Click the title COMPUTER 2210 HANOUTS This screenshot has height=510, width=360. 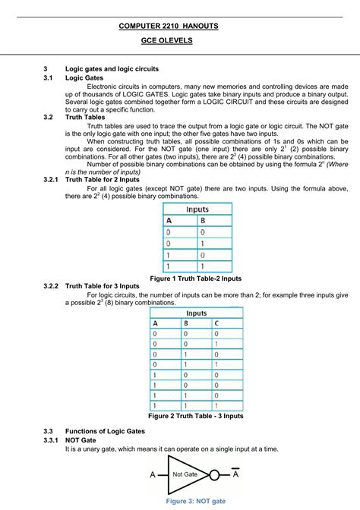tap(169, 26)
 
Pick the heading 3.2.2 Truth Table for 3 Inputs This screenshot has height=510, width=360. tap(113, 286)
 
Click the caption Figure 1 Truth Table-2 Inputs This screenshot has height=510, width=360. tap(196, 279)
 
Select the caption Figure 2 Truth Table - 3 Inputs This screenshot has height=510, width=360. tap(195, 416)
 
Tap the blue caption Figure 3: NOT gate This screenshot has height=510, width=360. tap(196, 501)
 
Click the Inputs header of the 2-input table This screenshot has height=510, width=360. tap(197, 209)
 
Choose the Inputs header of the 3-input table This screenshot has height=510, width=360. tap(195, 312)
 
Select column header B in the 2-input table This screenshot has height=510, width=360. tap(202, 222)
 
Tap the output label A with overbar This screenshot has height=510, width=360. tap(236, 474)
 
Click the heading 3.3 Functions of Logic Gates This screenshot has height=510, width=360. tap(105, 430)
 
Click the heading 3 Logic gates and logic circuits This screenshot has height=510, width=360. tap(112, 68)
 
